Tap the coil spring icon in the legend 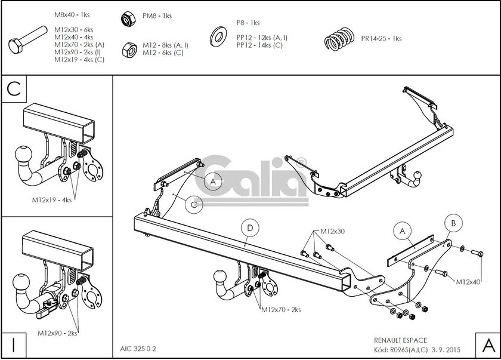click(x=340, y=41)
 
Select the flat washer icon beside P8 click(x=218, y=37)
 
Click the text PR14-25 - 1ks click(x=381, y=39)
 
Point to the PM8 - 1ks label click(x=157, y=16)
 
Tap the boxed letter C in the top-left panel click(x=14, y=90)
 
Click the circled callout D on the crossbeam click(x=250, y=227)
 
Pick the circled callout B click(x=453, y=223)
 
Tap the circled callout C click(x=193, y=204)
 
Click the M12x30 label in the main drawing click(x=333, y=231)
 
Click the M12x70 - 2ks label click(x=280, y=310)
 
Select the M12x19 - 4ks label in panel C click(x=51, y=200)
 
